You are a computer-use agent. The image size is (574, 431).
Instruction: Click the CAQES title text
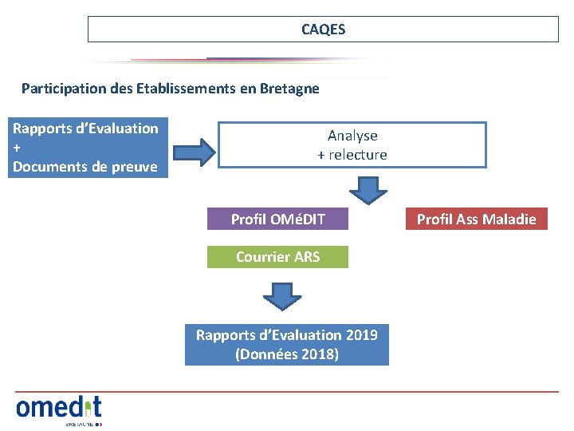[x=323, y=30]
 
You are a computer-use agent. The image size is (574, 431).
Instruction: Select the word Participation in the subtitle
[x=60, y=89]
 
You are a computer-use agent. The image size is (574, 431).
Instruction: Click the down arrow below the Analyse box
[x=368, y=190]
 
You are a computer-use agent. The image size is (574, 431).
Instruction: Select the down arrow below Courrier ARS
[x=282, y=295]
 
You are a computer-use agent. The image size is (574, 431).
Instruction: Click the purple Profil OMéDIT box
[x=277, y=219]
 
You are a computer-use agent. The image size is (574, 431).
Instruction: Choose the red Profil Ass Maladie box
[x=477, y=219]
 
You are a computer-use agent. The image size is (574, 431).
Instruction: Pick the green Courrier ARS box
[x=277, y=256]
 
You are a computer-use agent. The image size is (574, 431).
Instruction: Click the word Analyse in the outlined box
[x=352, y=136]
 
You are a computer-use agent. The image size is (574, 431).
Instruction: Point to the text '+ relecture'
[x=352, y=155]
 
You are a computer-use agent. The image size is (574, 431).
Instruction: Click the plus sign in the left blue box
[x=17, y=148]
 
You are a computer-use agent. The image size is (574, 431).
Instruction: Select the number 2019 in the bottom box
[x=362, y=334]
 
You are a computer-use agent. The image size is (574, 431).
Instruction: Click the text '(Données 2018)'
[x=287, y=354]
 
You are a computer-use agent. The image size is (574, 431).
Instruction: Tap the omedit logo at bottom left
[x=59, y=408]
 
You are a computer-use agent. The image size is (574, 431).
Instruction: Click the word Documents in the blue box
[x=49, y=167]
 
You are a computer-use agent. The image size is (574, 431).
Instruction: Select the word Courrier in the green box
[x=262, y=256]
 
